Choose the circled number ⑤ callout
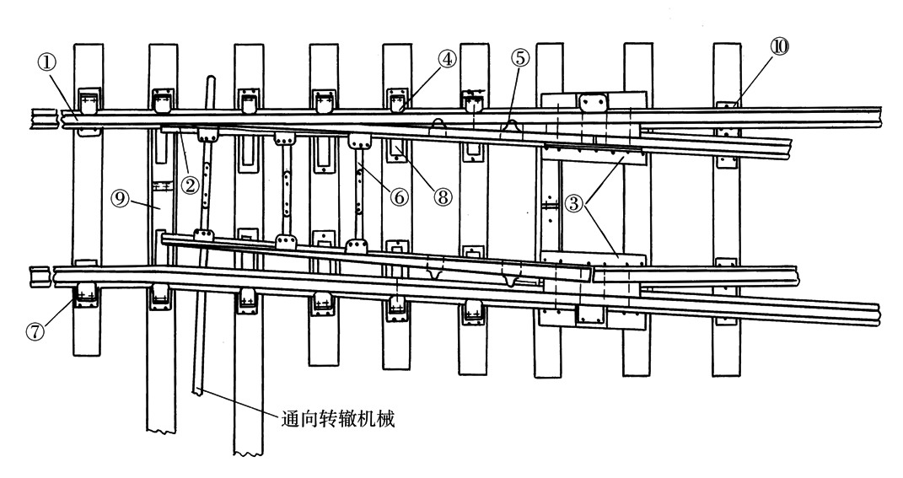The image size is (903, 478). [519, 59]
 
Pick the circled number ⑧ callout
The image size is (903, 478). [443, 196]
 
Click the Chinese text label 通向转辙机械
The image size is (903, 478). [336, 417]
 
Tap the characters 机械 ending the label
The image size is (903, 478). [376, 417]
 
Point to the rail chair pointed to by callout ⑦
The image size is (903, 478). [86, 296]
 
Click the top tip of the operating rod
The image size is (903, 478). [208, 80]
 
